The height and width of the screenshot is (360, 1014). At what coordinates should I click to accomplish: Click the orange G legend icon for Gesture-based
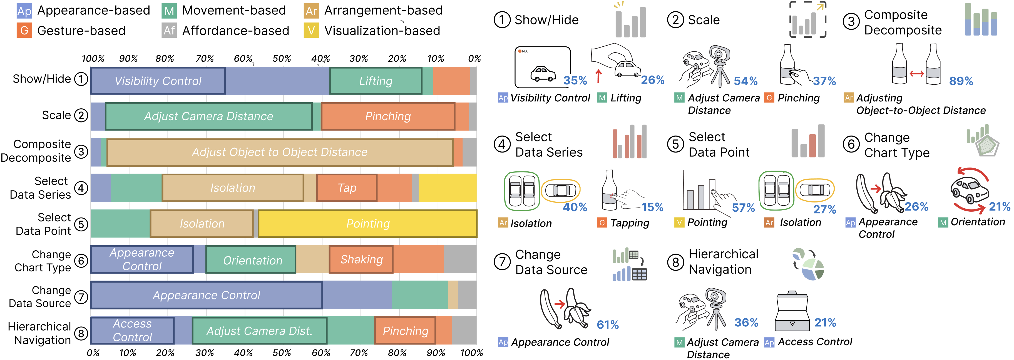24,31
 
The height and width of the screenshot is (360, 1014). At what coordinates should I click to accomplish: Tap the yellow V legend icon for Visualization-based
311,31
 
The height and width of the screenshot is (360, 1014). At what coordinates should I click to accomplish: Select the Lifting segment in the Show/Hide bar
376,81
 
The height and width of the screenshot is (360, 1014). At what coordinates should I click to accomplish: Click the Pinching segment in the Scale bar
388,116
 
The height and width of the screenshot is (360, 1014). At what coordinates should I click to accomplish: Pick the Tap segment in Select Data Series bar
347,188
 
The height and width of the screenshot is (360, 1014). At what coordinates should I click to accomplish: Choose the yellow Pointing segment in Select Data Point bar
368,224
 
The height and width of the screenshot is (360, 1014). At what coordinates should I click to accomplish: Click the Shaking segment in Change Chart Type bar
361,260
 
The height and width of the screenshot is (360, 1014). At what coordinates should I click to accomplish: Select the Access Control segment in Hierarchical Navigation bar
132,331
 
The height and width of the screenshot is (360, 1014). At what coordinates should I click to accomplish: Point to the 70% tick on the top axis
205,59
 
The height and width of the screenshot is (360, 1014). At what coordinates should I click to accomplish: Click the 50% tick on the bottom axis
282,353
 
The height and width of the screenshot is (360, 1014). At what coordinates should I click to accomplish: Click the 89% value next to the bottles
961,81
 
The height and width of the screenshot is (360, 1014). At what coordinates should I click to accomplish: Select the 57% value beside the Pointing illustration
743,208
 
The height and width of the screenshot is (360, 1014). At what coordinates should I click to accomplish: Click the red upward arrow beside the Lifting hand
598,76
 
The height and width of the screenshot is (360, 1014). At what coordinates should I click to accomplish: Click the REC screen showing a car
542,67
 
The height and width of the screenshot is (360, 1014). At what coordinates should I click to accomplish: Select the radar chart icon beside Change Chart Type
986,145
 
